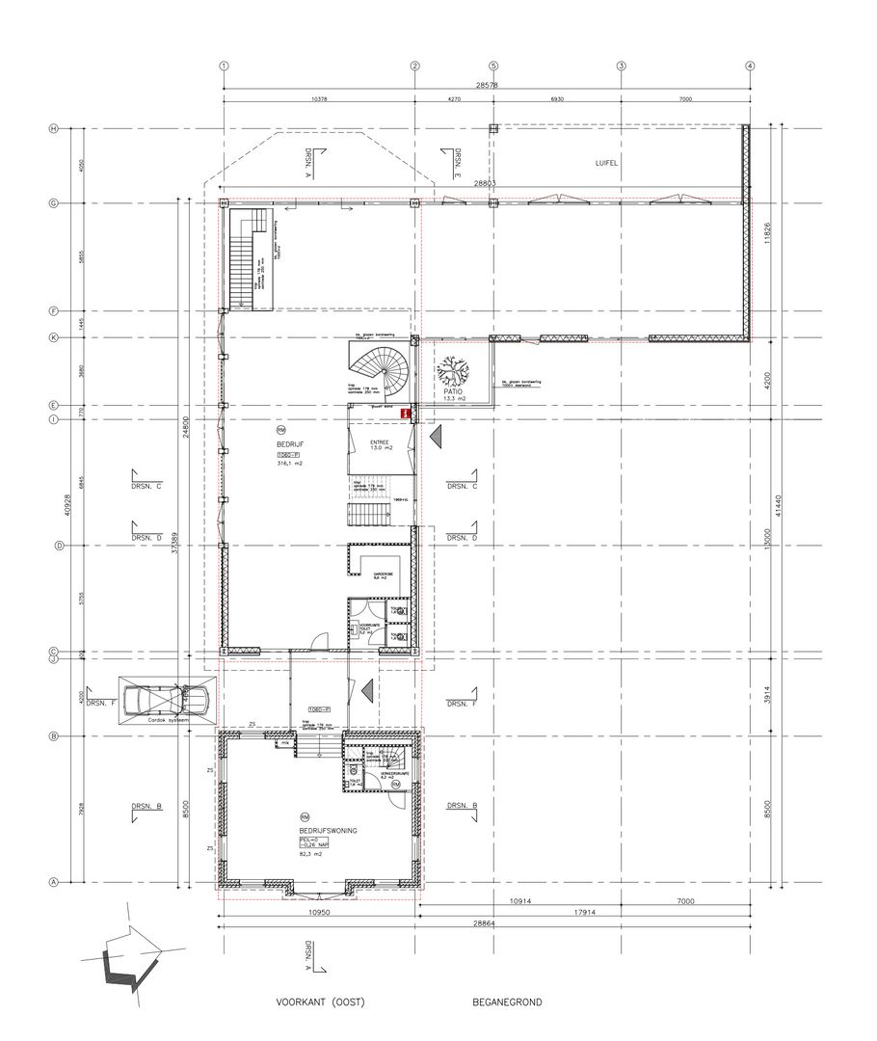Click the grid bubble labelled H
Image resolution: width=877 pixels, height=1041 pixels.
55,129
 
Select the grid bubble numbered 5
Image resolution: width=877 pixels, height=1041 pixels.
493,66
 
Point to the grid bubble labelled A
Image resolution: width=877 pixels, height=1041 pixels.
55,882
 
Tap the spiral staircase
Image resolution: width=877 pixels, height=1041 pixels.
380,368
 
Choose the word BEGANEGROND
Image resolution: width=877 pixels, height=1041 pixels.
507,1002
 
